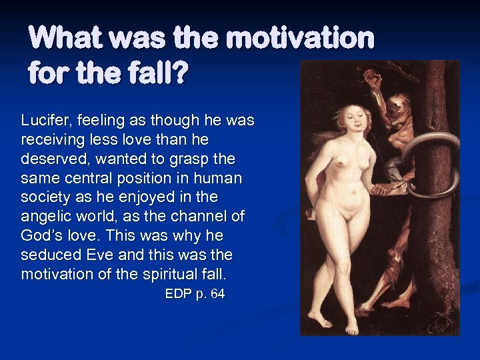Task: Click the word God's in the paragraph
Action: click(43, 236)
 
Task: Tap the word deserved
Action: click(51, 159)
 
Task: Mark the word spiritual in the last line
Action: click(163, 274)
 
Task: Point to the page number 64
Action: click(217, 293)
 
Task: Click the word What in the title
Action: click(65, 38)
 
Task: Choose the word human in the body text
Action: click(223, 178)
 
